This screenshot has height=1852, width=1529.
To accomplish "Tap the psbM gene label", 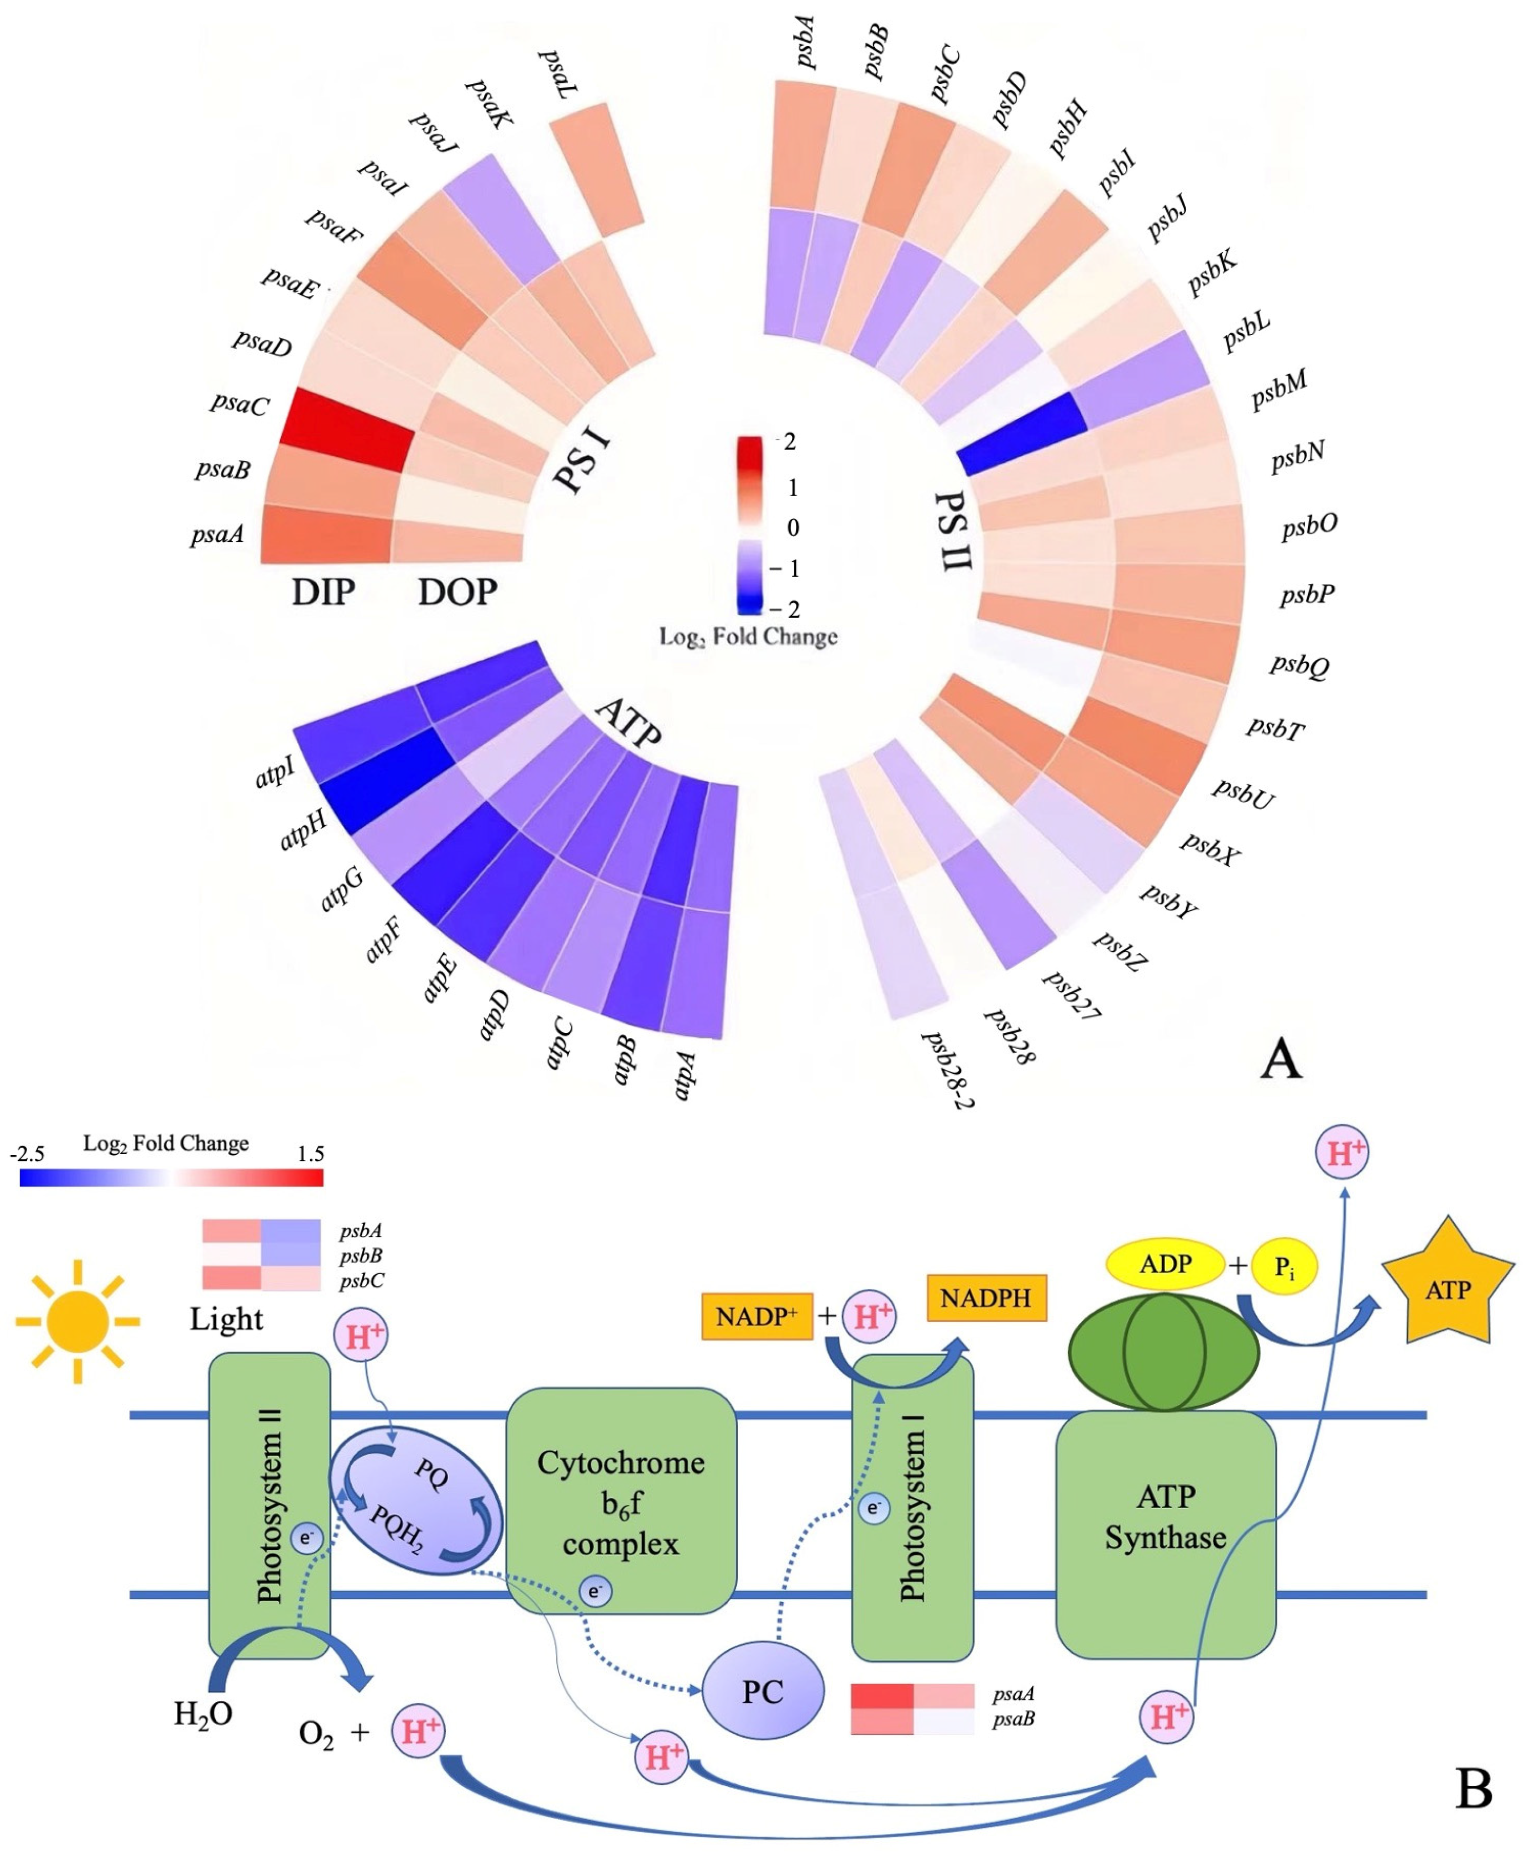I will (x=1279, y=389).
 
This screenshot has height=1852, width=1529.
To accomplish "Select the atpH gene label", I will (x=303, y=830).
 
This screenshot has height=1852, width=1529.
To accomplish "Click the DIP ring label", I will (x=323, y=592).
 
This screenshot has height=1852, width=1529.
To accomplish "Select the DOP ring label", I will (x=457, y=592).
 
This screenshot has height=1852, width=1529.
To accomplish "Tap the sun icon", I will (x=77, y=1321).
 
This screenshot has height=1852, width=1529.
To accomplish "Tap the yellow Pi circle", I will (x=1284, y=1267).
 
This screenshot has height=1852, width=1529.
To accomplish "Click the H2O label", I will (x=203, y=1713).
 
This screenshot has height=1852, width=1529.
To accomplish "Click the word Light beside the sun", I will (x=226, y=1318).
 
